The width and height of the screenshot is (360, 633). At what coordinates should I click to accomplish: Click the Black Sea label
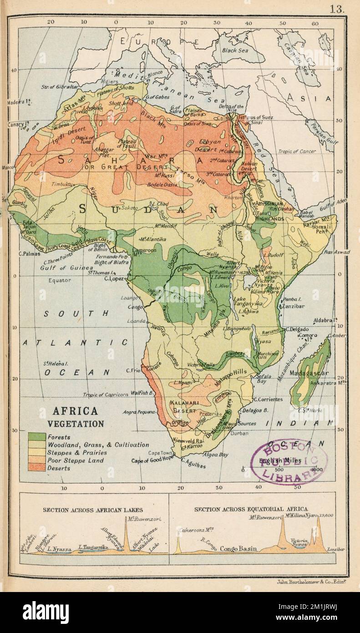pyautogui.click(x=235, y=51)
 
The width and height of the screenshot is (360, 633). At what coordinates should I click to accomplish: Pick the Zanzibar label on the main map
pyautogui.click(x=294, y=307)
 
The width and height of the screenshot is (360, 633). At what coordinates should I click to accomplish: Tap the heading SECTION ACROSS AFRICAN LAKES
pyautogui.click(x=93, y=510)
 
